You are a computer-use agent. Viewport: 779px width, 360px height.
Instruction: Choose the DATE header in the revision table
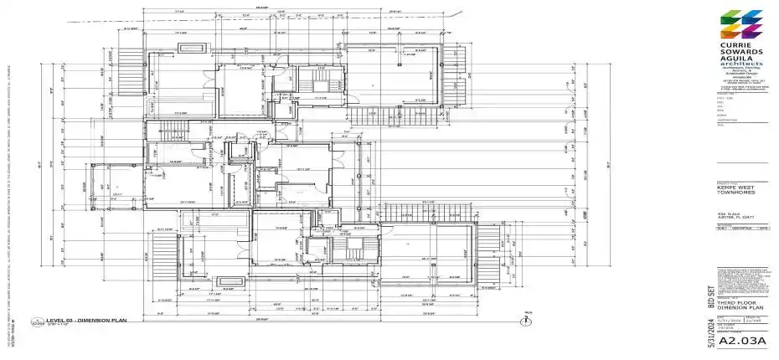[762, 228]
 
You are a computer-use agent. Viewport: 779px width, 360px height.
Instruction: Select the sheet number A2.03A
[745, 341]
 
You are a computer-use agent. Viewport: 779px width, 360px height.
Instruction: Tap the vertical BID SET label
[711, 299]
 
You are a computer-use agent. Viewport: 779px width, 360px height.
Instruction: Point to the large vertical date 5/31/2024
[711, 332]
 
